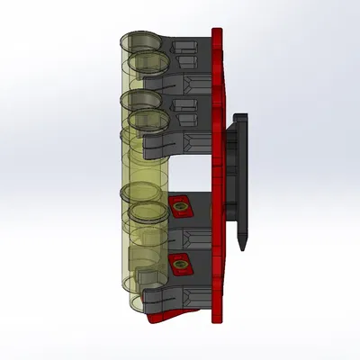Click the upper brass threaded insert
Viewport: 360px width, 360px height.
pos(181,208)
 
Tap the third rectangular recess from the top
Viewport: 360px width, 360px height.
pos(186,105)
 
